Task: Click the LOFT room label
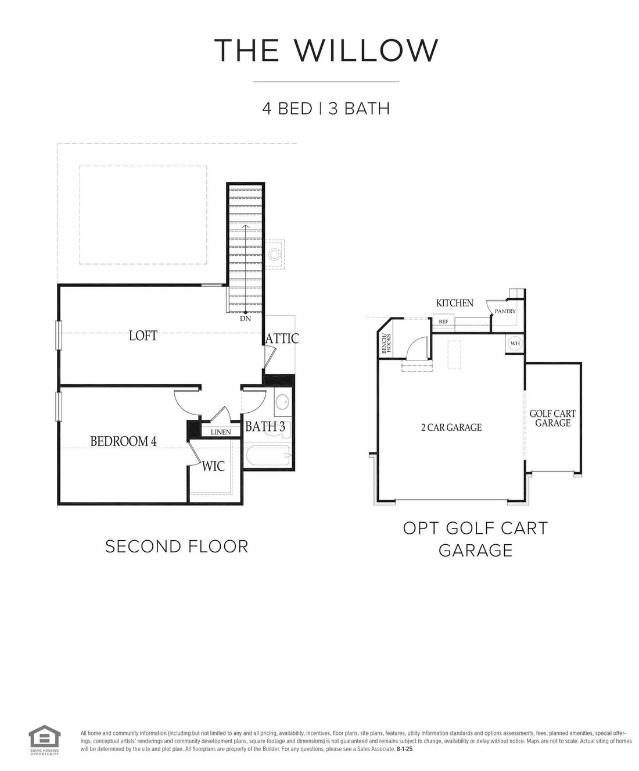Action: pos(143,335)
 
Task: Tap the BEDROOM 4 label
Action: pos(123,441)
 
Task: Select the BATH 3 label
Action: pos(265,426)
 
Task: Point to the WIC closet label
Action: pos(213,466)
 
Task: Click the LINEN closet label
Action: pos(221,432)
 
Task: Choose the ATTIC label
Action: pos(282,338)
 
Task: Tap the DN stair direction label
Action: pos(245,318)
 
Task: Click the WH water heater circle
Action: pos(515,344)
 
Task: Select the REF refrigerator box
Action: pos(443,322)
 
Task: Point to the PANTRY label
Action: pos(505,311)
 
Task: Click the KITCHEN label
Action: pos(454,303)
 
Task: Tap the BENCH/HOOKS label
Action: pos(386,344)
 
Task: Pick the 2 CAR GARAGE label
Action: pos(451,427)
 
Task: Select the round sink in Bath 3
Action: pos(283,402)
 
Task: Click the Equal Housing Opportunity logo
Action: pos(45,735)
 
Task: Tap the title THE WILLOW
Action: pos(326,50)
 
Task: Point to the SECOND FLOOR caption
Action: pos(177,547)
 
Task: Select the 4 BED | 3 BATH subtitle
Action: pos(326,109)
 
